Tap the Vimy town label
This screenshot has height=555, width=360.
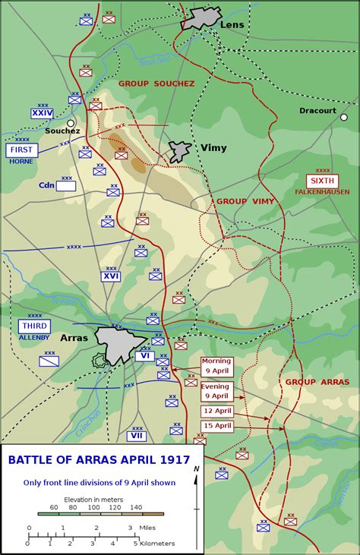(x=213, y=148)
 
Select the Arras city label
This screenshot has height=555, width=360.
(x=74, y=337)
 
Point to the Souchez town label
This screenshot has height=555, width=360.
(x=62, y=131)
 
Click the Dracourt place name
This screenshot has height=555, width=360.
(x=317, y=110)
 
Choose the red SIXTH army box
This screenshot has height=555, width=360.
(x=323, y=181)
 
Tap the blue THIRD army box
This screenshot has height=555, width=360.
(x=33, y=326)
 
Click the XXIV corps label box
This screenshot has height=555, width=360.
(x=43, y=113)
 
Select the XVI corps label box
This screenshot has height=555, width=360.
(x=111, y=276)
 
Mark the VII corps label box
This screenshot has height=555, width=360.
(x=137, y=436)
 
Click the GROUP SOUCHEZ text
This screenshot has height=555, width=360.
(x=156, y=83)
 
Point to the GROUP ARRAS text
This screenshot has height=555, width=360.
(x=311, y=382)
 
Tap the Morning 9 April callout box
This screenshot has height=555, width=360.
(x=216, y=366)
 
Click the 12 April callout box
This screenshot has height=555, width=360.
(x=216, y=410)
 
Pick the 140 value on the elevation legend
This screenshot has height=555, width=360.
(x=136, y=507)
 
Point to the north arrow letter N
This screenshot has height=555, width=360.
(x=196, y=469)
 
